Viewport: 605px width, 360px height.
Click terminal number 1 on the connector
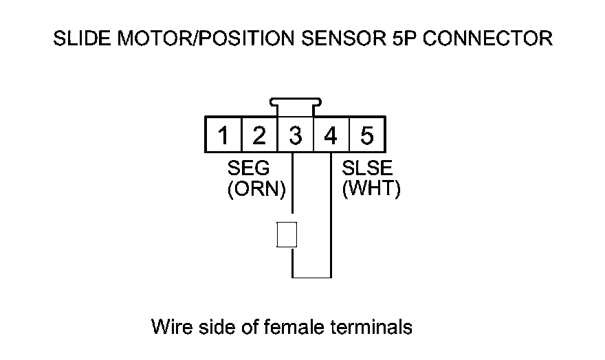coord(223,135)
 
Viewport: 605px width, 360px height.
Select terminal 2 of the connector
coord(258,135)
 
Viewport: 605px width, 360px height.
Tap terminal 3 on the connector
coord(295,135)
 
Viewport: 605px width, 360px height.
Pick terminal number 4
coord(331,135)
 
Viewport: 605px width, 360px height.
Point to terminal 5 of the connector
coord(366,135)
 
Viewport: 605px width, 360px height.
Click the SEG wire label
coord(248,170)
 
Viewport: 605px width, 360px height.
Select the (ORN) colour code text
coord(256,189)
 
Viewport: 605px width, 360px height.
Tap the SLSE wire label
coord(367,170)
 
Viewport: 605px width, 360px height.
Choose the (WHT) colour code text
coord(371,189)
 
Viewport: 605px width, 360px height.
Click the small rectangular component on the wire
coord(286,234)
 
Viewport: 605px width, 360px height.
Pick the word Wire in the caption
coord(169,326)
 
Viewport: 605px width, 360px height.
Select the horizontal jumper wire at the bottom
coord(312,278)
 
